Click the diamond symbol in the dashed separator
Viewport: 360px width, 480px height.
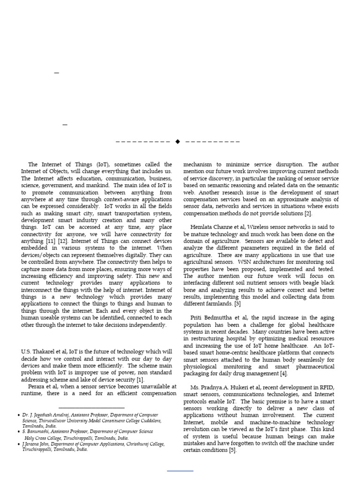(178, 141)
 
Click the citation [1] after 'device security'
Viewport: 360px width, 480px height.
(141, 379)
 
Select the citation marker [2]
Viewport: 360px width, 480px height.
(307, 213)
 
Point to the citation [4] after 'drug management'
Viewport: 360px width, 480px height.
(284, 374)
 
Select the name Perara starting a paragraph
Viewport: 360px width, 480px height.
(37, 386)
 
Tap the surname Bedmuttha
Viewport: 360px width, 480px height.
(219, 318)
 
